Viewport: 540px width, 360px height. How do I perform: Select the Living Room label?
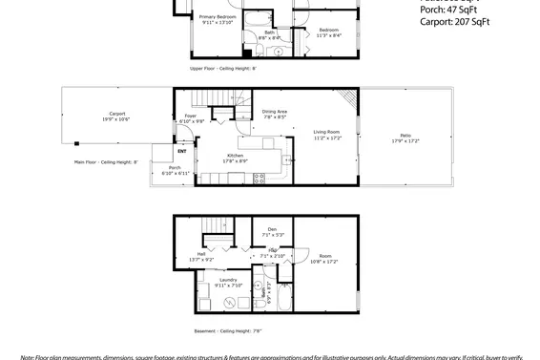pyautogui.click(x=327, y=134)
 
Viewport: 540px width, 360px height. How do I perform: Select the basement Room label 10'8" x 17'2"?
pyautogui.click(x=325, y=258)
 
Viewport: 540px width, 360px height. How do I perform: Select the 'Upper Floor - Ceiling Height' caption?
pyautogui.click(x=222, y=69)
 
